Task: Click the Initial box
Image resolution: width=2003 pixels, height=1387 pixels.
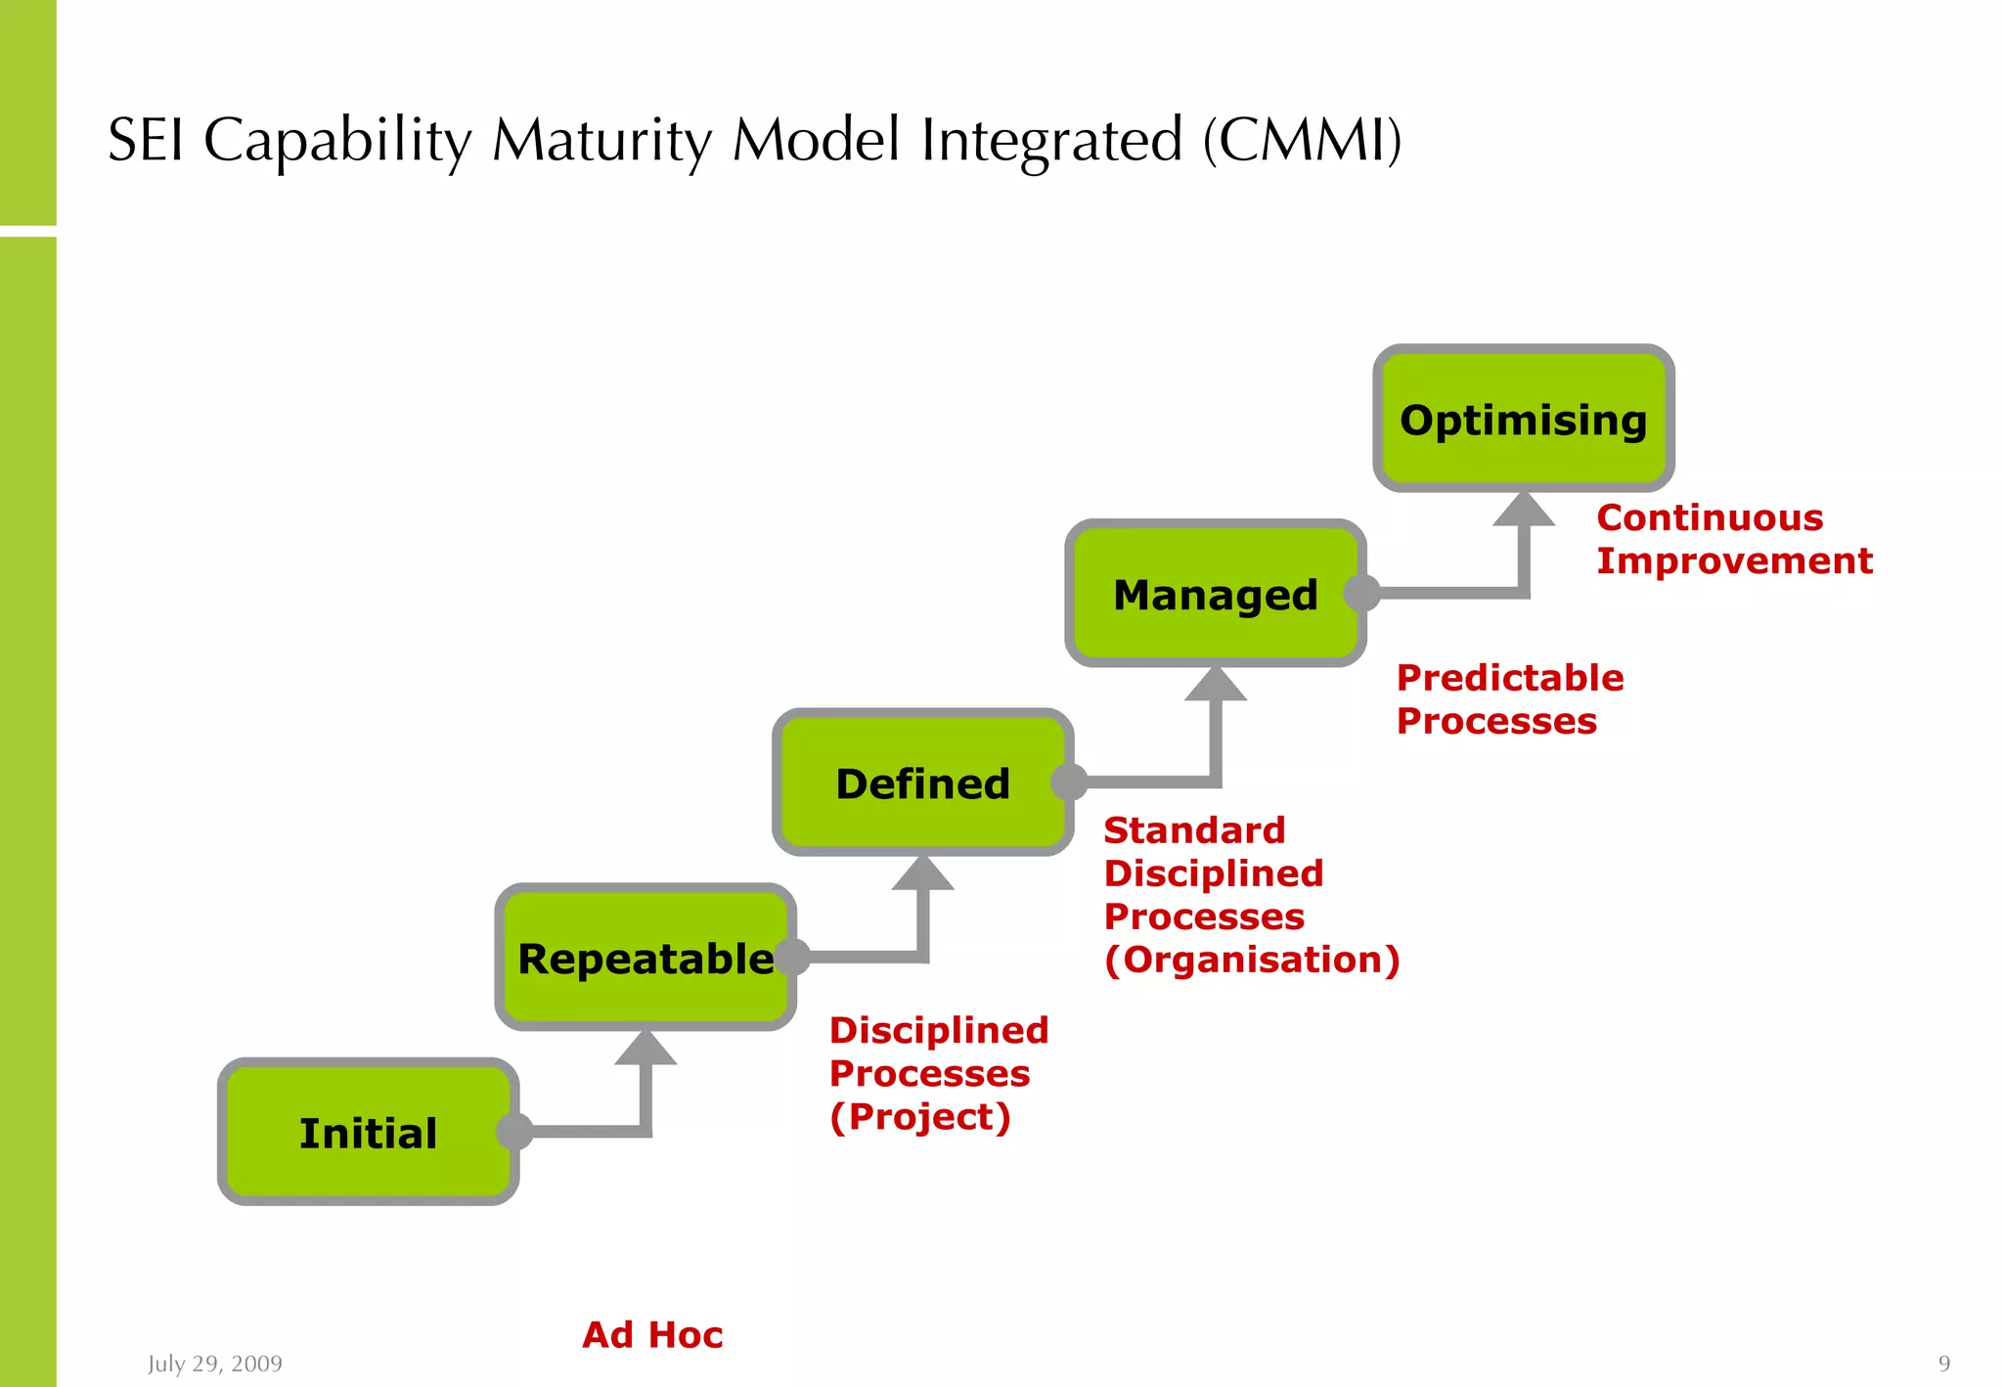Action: pos(368,1132)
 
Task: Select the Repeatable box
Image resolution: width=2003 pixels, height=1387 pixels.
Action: pos(645,958)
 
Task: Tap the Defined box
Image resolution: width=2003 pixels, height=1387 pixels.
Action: pos(922,783)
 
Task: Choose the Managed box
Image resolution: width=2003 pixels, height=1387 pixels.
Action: pos(1215,594)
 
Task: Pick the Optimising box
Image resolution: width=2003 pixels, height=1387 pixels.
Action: pos(1523,419)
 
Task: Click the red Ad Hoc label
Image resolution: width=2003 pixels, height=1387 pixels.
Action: pos(652,1334)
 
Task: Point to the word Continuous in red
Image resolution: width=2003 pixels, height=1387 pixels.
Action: pos(1710,517)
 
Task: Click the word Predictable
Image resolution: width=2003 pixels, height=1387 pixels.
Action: pos(1509,678)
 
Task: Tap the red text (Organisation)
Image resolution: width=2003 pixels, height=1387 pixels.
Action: pos(1252,960)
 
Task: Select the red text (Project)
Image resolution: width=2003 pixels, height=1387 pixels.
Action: pos(919,1116)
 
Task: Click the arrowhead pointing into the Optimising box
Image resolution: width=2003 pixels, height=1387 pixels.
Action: pos(1523,510)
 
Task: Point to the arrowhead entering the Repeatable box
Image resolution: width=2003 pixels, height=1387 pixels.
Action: pos(645,1049)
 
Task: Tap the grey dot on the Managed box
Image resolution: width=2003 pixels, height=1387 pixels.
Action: pos(1361,593)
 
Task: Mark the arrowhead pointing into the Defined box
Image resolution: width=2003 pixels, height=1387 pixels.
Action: pos(922,873)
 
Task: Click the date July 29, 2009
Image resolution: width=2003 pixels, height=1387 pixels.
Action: pos(215,1364)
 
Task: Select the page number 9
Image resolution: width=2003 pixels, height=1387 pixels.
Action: pos(1944,1364)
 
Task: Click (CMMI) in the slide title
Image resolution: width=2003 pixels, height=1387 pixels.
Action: pos(1302,140)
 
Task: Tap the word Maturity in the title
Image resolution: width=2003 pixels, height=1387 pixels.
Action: pos(601,140)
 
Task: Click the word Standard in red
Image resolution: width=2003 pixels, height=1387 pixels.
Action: pos(1194,830)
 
